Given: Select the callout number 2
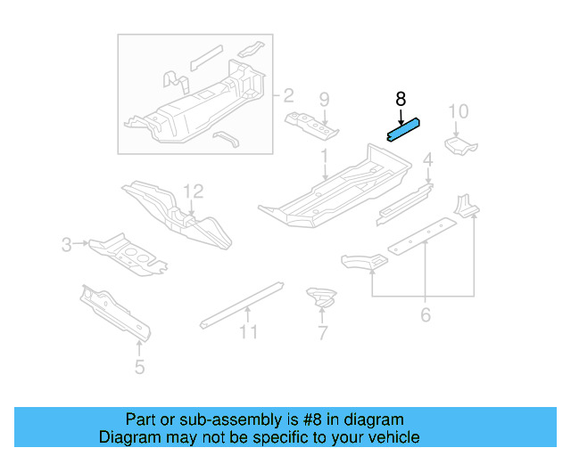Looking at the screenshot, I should pos(288,94).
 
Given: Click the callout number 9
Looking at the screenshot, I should pos(324,99).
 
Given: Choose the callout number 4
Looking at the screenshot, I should pos(427,160).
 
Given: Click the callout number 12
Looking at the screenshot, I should pos(194,191).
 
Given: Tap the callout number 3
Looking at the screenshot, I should pos(67,243).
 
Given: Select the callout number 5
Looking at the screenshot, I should pos(139,366).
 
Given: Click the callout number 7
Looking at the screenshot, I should pos(322,334).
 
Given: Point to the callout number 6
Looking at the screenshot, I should pos(426,314).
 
